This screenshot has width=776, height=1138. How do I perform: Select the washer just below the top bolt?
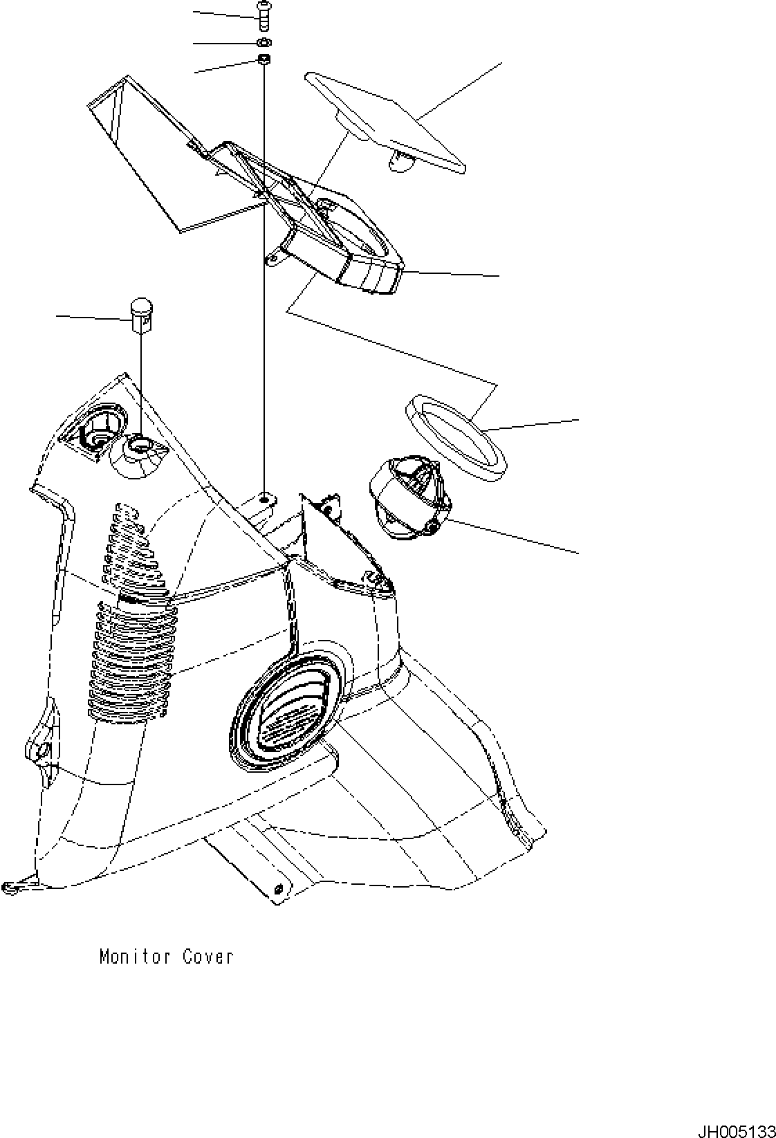tap(264, 43)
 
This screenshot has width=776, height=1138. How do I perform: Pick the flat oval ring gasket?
tap(456, 437)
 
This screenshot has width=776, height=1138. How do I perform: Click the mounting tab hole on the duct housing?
tap(274, 259)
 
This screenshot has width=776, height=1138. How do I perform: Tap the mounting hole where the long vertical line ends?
tap(265, 497)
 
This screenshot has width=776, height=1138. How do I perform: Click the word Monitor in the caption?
tap(135, 957)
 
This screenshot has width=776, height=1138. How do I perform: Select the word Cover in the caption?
tap(208, 957)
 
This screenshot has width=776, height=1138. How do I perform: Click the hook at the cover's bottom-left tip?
tap(10, 886)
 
